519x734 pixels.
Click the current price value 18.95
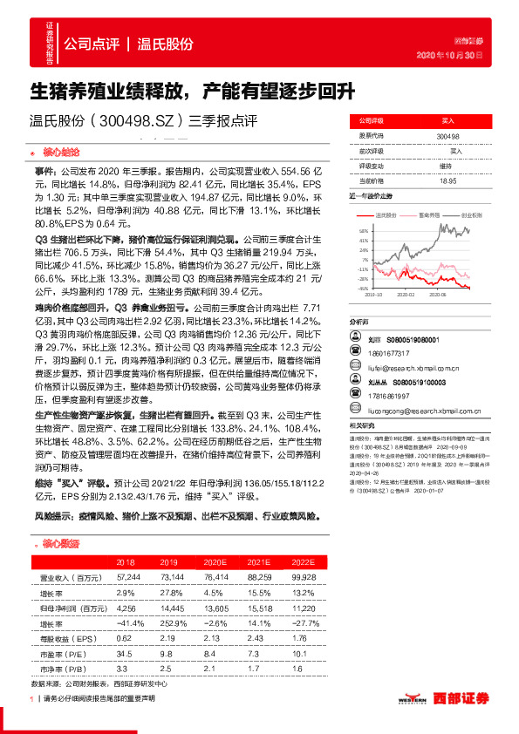(x=448, y=180)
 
